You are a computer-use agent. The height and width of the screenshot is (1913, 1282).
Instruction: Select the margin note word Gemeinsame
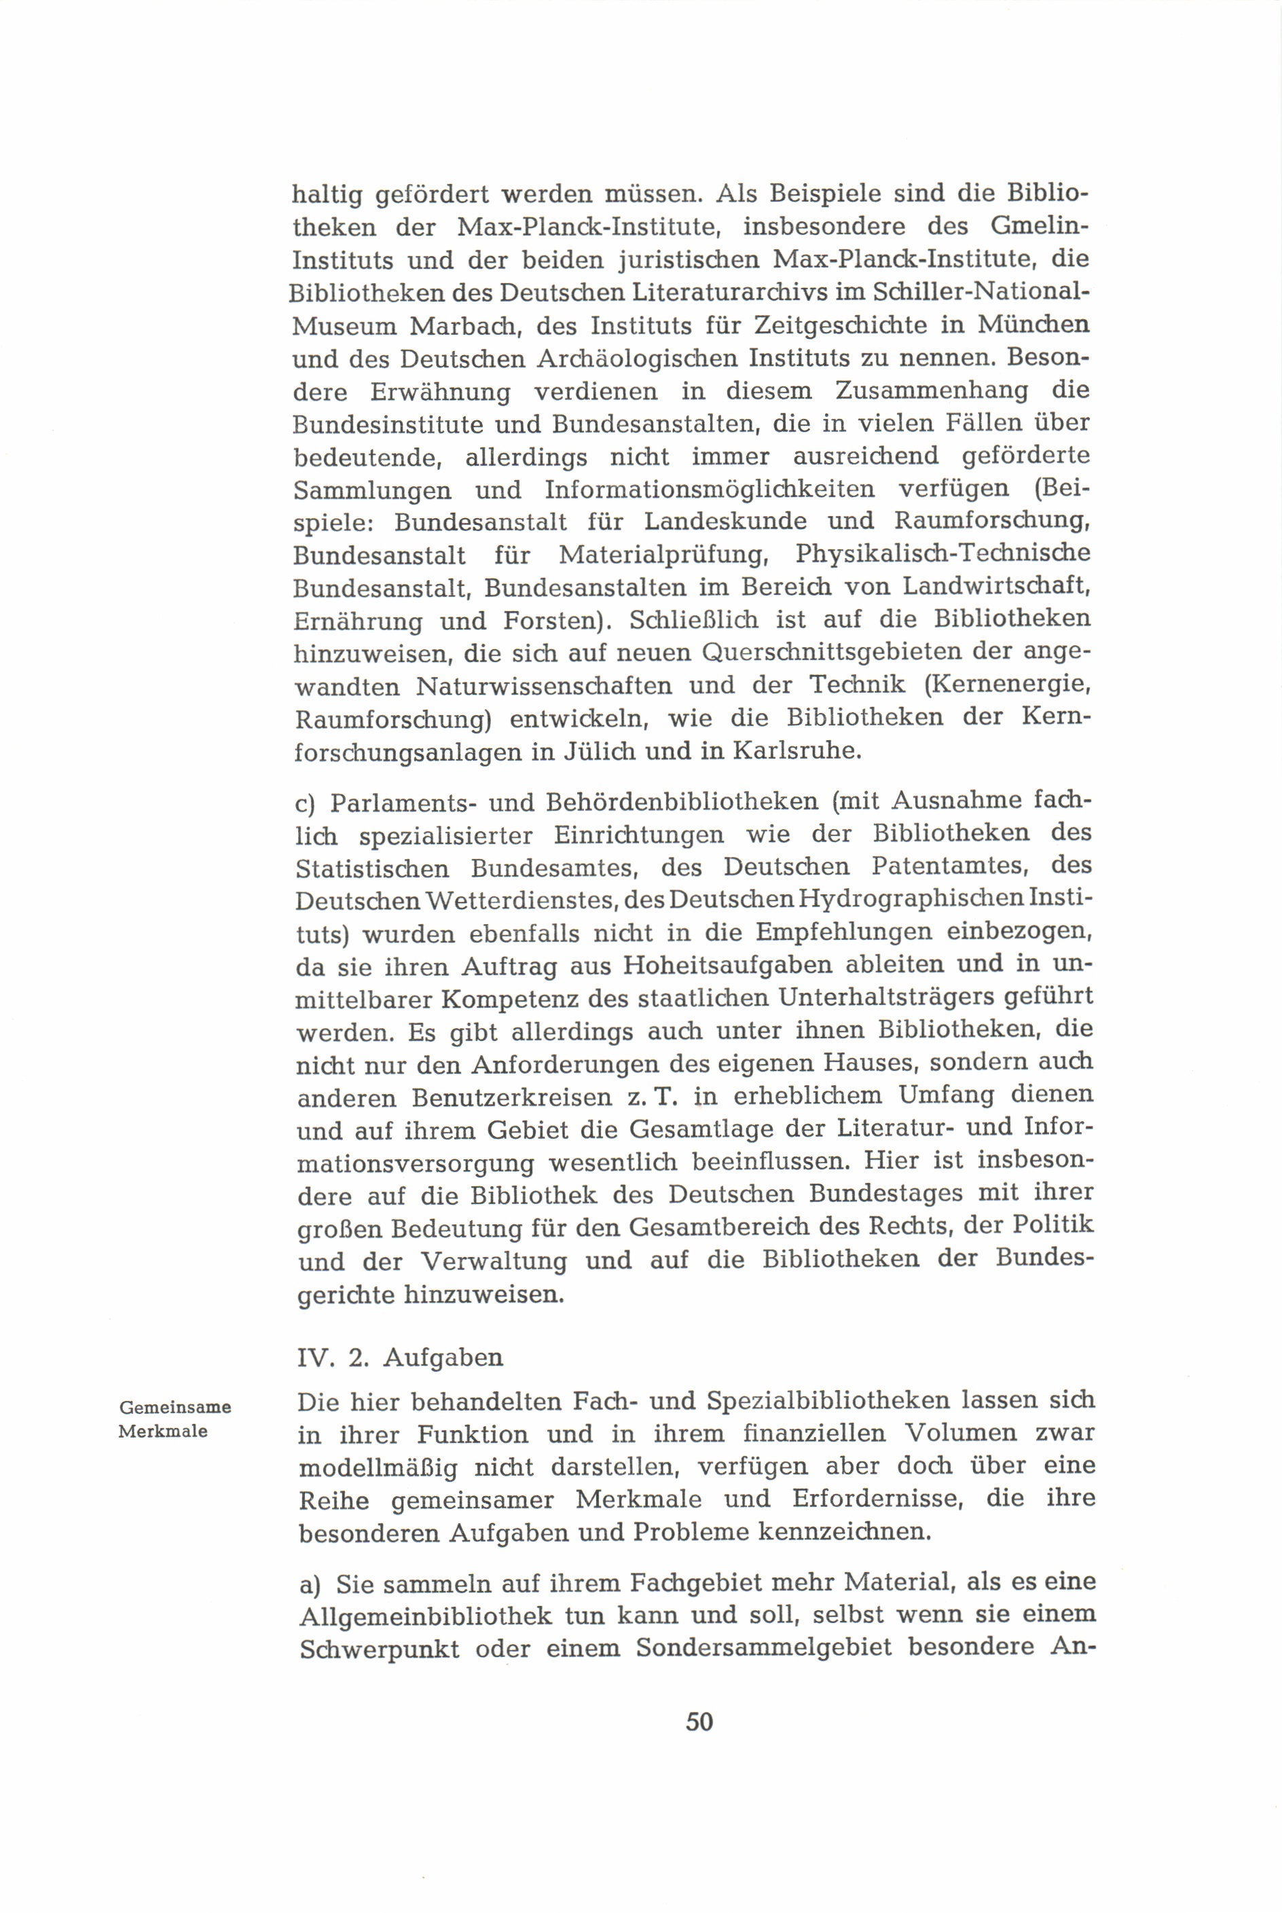pos(175,1407)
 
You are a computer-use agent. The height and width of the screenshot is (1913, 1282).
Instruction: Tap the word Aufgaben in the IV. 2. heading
pos(443,1357)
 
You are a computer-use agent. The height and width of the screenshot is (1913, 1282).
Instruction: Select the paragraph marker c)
pos(305,801)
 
